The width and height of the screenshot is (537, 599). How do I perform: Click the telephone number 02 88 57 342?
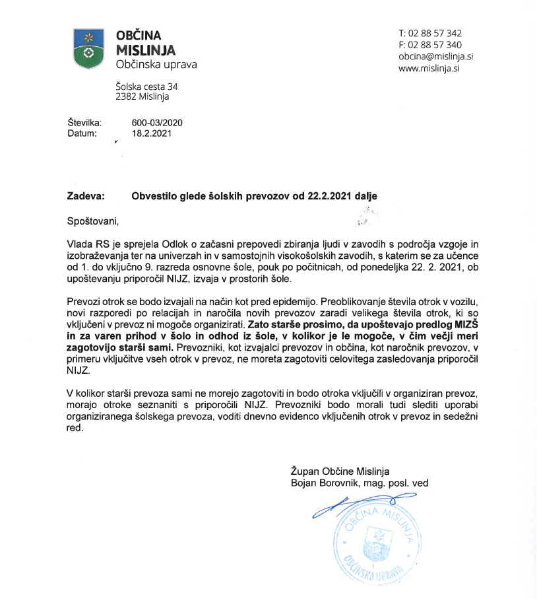[435, 33]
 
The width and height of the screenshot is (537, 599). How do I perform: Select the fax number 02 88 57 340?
[435, 45]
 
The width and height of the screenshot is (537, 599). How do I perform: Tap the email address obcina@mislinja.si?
[436, 57]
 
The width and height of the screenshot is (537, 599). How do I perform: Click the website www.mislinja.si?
[429, 68]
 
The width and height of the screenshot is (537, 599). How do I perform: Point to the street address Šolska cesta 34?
[146, 87]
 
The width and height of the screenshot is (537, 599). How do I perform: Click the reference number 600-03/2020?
[157, 123]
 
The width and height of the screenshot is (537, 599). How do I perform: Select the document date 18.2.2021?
[152, 133]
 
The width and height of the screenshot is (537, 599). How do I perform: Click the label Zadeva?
[86, 196]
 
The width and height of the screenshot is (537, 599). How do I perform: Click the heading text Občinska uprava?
[156, 65]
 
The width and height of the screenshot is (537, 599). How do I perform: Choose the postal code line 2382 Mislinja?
[142, 97]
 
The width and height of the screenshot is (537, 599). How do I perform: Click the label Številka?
[83, 123]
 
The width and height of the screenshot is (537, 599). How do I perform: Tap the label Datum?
[81, 133]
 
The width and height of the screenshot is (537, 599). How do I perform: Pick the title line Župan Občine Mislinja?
[340, 472]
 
